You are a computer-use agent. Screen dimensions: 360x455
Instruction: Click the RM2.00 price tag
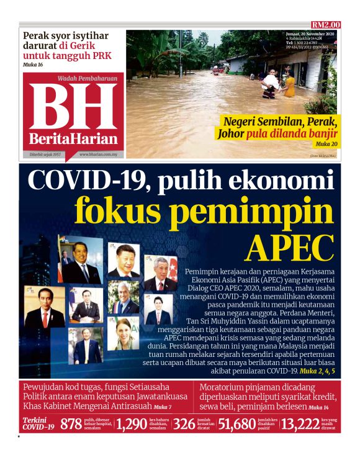click(325, 25)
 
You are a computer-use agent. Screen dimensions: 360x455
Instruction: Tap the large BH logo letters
click(73, 106)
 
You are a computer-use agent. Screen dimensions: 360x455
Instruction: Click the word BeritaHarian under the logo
click(73, 138)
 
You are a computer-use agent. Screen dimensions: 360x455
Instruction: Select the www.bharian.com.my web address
click(101, 154)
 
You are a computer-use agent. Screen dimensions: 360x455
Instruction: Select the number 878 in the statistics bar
click(71, 425)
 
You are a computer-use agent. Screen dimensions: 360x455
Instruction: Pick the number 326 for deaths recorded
click(184, 425)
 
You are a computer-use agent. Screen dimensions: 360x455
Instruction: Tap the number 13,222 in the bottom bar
click(300, 425)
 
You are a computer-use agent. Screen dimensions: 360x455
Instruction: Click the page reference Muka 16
click(34, 65)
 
